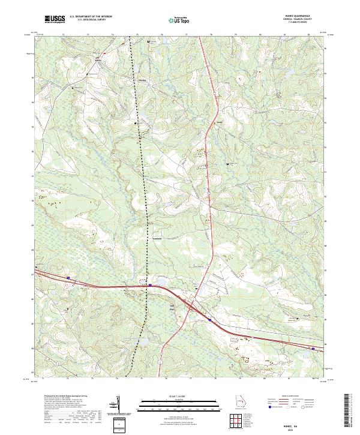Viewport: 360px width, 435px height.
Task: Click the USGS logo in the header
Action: [x=55, y=19]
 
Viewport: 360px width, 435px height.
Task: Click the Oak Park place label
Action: [x=172, y=310]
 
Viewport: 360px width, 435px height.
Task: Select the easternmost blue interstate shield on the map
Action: [x=313, y=347]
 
